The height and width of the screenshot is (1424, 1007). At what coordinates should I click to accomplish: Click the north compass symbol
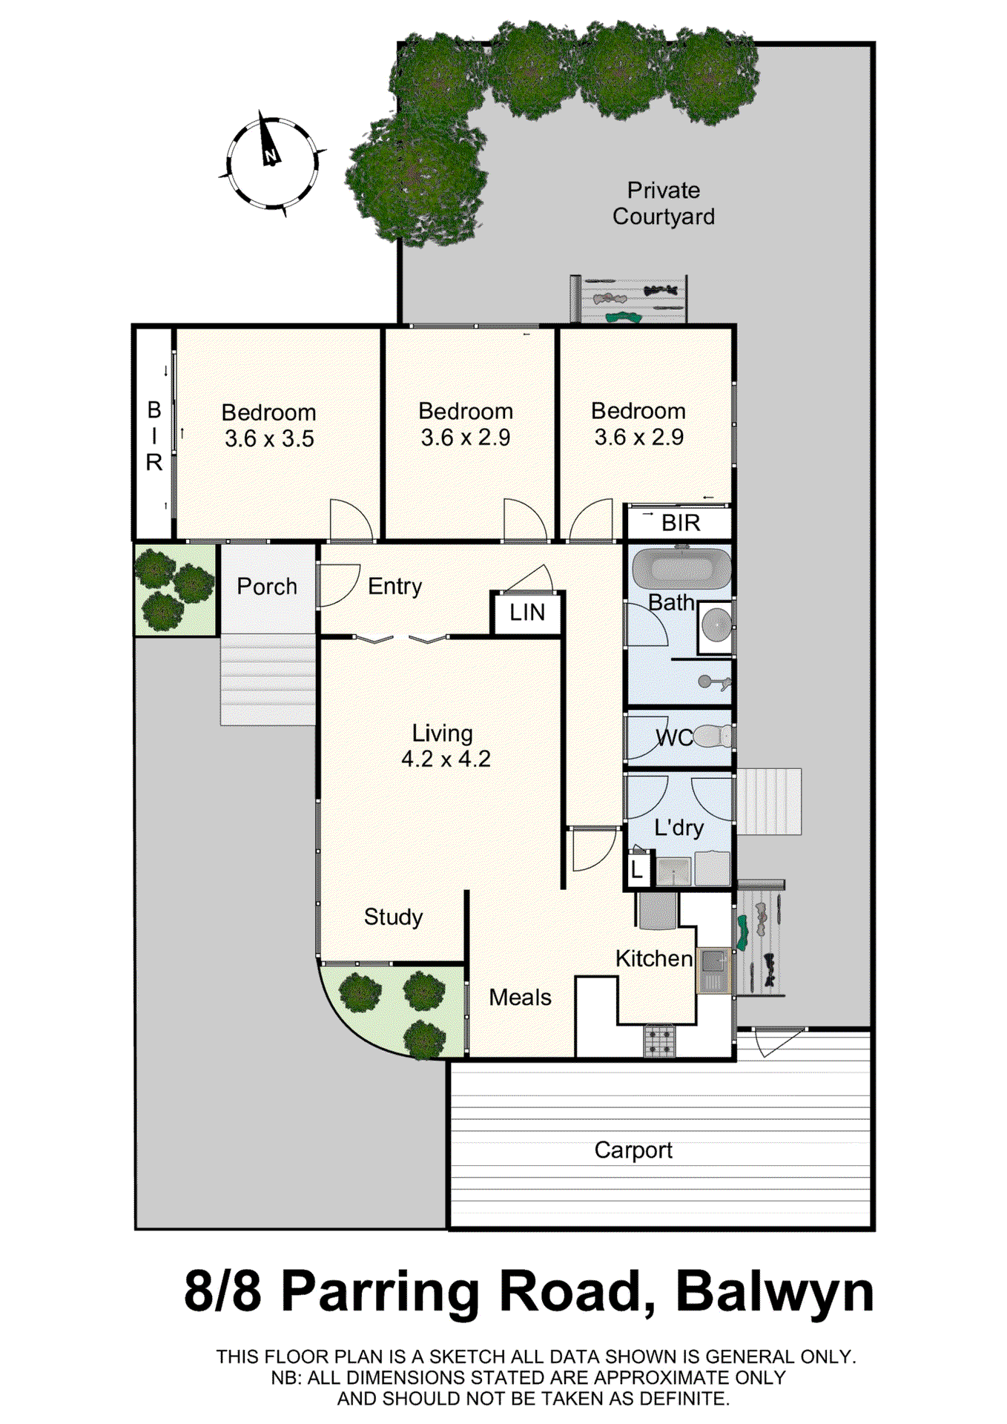(271, 162)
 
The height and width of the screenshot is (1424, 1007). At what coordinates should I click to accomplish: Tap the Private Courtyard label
(663, 203)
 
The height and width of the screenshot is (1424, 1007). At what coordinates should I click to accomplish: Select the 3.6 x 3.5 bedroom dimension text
(269, 438)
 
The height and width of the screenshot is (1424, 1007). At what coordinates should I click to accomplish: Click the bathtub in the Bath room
(681, 569)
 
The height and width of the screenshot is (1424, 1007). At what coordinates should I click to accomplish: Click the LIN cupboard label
(526, 613)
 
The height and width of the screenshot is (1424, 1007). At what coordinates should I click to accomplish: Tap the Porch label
(267, 587)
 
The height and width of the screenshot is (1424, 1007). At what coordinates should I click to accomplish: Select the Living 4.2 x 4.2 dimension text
(446, 759)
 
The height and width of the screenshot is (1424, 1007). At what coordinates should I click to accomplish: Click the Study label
(393, 917)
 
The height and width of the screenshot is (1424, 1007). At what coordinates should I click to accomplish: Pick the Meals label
(520, 998)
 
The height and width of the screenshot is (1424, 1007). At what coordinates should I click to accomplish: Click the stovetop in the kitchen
(658, 1040)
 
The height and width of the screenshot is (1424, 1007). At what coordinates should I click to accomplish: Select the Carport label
(633, 1150)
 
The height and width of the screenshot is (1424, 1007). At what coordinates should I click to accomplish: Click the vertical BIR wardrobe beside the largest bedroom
(153, 435)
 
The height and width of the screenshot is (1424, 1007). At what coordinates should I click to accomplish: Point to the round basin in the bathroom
(716, 625)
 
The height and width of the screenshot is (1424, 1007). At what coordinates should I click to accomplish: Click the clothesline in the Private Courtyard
(629, 300)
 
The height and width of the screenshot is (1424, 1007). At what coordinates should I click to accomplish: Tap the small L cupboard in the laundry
(637, 870)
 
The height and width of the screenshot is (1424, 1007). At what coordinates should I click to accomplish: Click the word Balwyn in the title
(774, 1292)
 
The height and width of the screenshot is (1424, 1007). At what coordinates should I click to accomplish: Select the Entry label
(394, 587)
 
